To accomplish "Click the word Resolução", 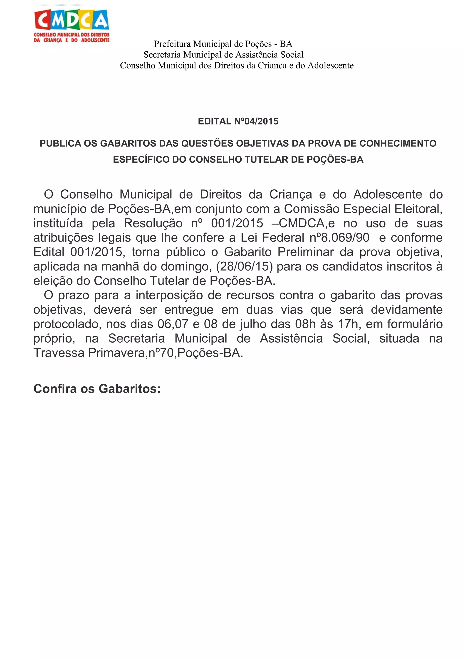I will click(153, 223).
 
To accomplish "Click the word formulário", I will click(415, 324).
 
